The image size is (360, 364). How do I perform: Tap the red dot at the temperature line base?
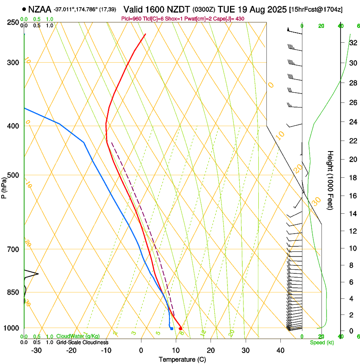coord(180,328)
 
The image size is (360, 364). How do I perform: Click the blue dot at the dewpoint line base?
coord(172,328)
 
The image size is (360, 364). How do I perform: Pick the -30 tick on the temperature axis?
coord(36,350)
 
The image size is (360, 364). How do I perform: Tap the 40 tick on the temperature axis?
coord(280,350)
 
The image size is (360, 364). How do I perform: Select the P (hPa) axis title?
coord(4,186)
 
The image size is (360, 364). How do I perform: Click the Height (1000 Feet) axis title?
coord(330,180)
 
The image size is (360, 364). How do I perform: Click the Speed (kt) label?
coord(322,342)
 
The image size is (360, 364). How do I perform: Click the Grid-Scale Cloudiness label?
coord(82,342)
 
